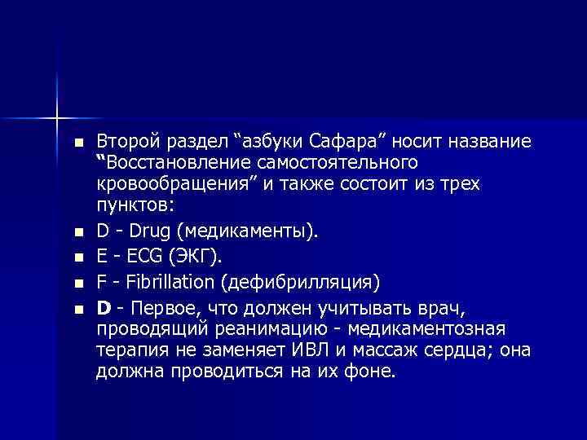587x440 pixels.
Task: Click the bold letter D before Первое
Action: click(104, 308)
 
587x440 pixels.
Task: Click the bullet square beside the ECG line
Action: click(78, 257)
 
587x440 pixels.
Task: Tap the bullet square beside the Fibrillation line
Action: click(78, 283)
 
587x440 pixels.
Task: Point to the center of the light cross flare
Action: click(57, 117)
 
